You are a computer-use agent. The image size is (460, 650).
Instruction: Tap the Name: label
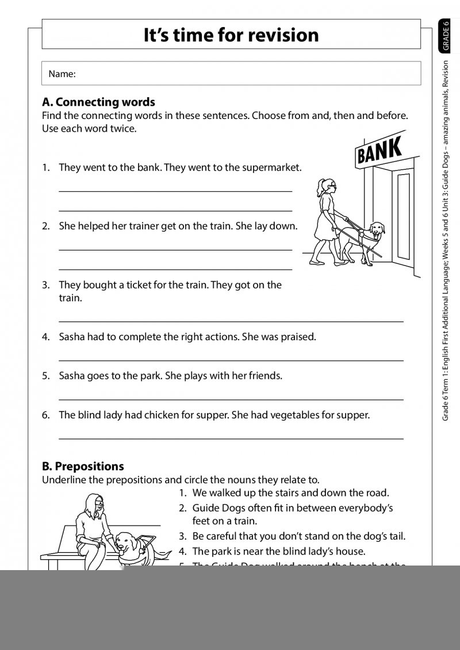[x=62, y=74]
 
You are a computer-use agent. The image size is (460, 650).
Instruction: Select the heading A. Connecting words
[x=98, y=102]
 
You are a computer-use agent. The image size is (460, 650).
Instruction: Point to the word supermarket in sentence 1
[x=271, y=168]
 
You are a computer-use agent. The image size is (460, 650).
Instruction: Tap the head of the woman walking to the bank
[x=326, y=186]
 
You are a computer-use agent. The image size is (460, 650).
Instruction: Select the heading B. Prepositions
[x=83, y=466]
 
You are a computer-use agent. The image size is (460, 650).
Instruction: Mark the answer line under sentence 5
[x=231, y=399]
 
